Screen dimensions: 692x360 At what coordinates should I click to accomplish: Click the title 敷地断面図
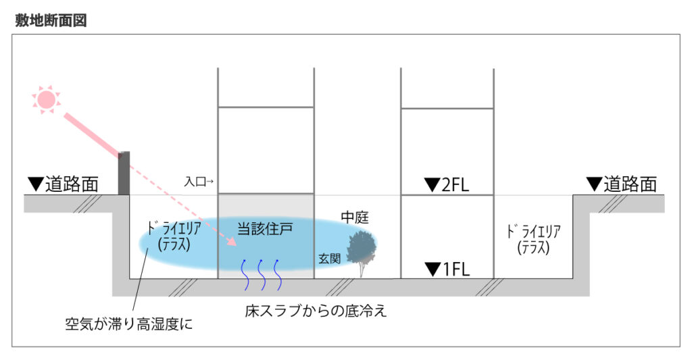pos(51,20)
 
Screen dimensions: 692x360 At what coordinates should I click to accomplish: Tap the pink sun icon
pos(46,100)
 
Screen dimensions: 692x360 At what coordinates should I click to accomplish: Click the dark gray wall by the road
pos(124,173)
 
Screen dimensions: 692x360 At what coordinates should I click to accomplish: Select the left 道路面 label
pos(63,184)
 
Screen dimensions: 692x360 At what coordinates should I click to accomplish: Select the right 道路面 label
pos(622,184)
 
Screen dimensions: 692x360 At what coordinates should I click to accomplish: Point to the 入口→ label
pos(199,181)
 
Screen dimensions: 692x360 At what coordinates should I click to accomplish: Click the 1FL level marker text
pos(447,269)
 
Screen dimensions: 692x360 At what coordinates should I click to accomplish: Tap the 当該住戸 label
pos(265,229)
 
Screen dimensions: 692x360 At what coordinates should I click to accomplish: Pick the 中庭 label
pos(355,217)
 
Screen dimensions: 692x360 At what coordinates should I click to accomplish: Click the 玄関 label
pos(330,259)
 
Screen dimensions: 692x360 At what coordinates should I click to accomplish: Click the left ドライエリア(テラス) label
pos(174,236)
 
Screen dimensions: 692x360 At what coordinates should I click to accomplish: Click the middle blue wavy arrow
pos(262,275)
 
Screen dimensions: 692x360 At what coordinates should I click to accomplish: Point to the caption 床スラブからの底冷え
pos(316,311)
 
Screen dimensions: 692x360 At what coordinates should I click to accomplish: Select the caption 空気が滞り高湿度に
pos(129,324)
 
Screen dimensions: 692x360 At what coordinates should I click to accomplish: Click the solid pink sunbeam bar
pos(92,135)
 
